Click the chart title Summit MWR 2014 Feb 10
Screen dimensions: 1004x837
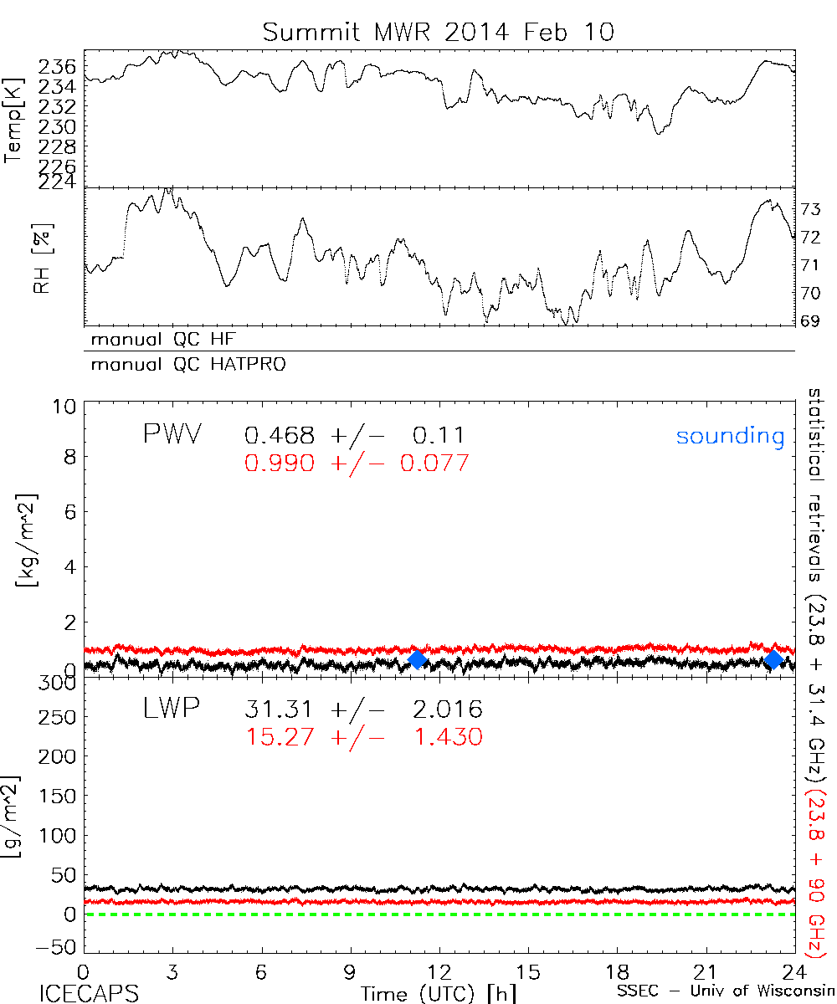click(x=439, y=32)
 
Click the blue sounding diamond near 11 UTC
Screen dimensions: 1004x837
click(x=417, y=659)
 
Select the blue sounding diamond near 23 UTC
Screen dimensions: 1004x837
click(x=773, y=659)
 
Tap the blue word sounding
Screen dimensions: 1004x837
click(x=730, y=436)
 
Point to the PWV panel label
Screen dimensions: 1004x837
click(x=172, y=435)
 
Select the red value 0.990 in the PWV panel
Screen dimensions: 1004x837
click(x=280, y=463)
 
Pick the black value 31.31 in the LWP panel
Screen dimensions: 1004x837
click(x=280, y=710)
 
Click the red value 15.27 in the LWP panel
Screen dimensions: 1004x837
click(x=280, y=737)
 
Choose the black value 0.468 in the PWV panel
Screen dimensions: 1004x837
click(x=280, y=435)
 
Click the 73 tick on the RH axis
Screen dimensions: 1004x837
click(x=811, y=208)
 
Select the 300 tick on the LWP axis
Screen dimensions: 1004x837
click(x=62, y=684)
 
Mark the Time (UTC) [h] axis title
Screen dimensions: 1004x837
click(x=427, y=993)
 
